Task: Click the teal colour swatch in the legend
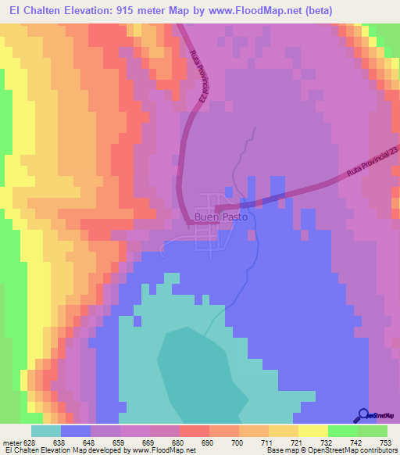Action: pyautogui.click(x=45, y=431)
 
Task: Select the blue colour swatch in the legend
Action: pyautogui.click(x=76, y=431)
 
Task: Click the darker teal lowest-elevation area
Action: pyautogui.click(x=199, y=375)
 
